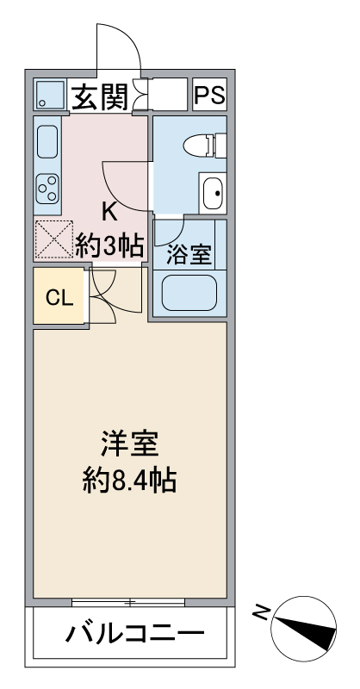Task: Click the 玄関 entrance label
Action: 98,96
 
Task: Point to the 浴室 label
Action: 189,254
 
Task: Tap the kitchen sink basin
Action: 47,140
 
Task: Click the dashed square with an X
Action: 53,240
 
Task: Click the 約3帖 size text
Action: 109,245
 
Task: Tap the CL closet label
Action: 58,298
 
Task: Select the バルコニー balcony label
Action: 135,635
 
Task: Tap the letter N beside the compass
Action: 261,613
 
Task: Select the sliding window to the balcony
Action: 130,602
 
